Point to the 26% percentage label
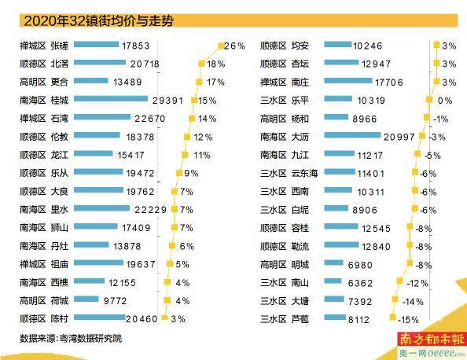(x=235, y=46)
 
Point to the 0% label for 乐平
(x=445, y=101)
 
